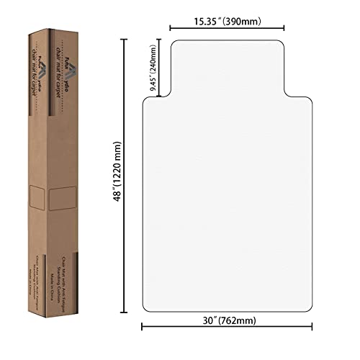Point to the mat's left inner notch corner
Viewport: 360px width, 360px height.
pos(171,96)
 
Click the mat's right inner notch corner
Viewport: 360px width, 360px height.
pos(284,96)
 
